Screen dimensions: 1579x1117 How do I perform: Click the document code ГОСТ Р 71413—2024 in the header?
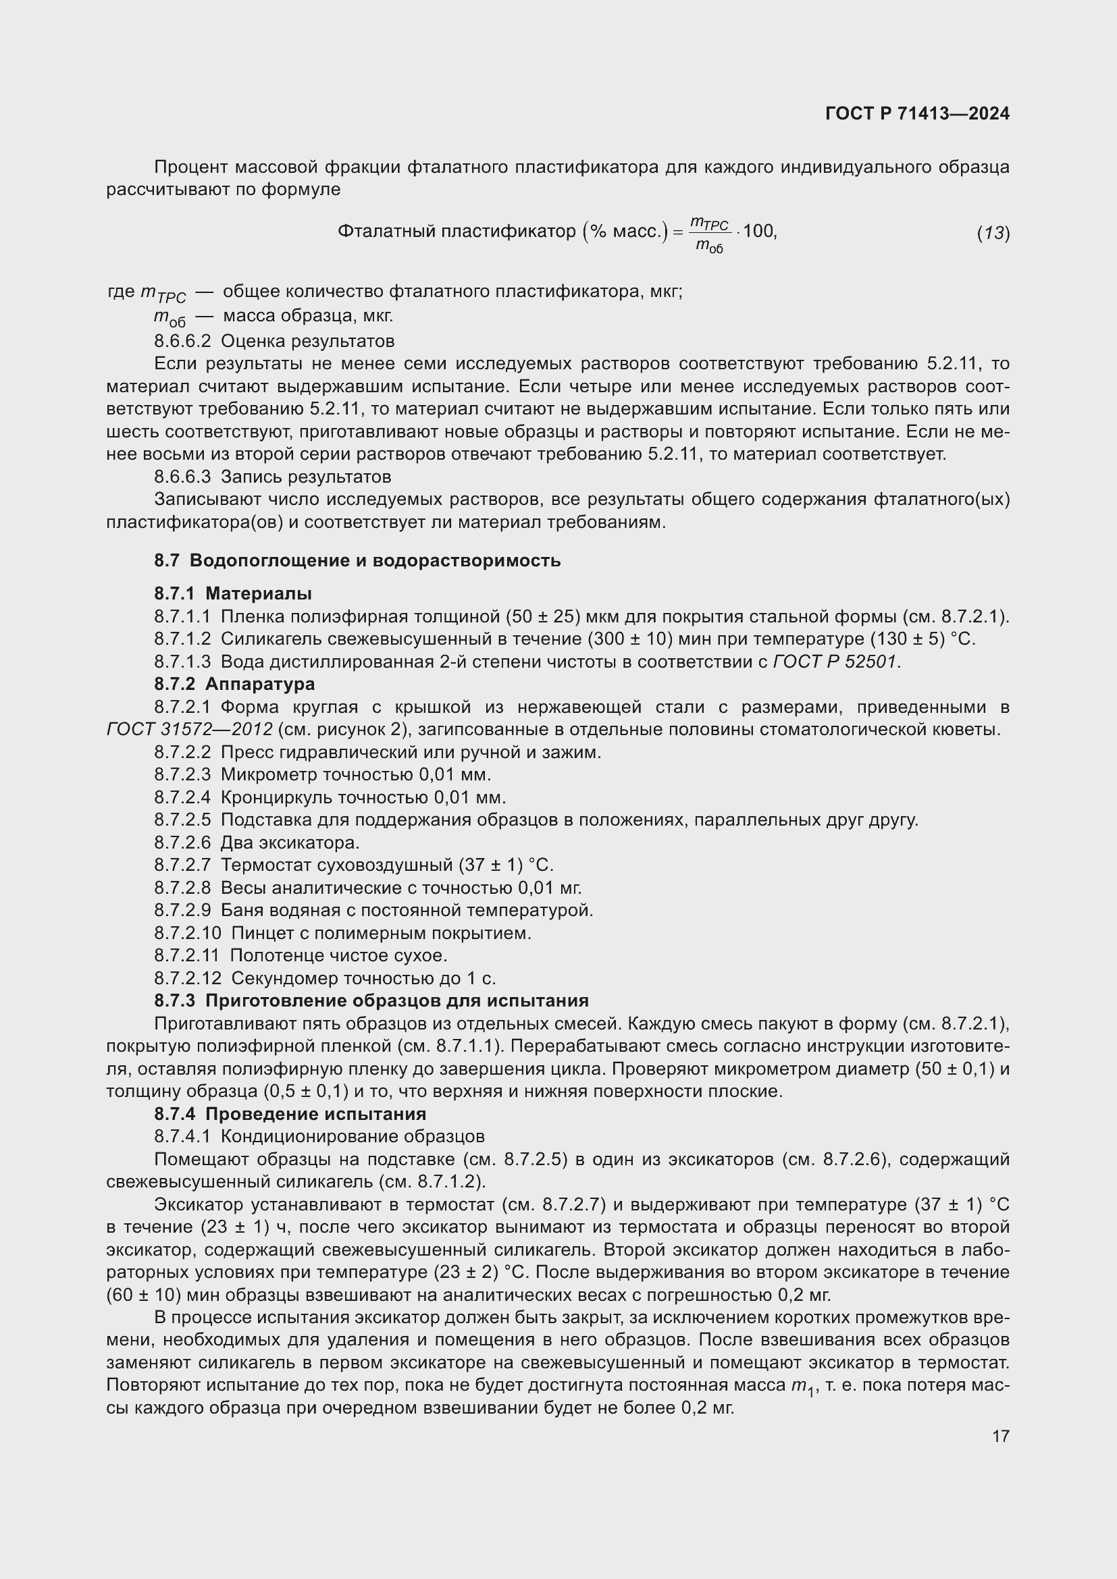pyautogui.click(x=917, y=114)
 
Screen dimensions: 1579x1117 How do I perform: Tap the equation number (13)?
pyautogui.click(x=993, y=233)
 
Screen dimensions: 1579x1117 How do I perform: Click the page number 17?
pyautogui.click(x=1001, y=1436)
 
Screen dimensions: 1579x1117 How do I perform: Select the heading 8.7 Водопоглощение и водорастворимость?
pyautogui.click(x=357, y=560)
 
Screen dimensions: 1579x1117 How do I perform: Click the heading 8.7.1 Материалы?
pyautogui.click(x=232, y=593)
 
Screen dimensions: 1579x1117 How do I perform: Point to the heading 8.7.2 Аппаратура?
pyautogui.click(x=234, y=685)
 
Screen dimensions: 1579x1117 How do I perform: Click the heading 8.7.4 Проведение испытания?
pyautogui.click(x=290, y=1114)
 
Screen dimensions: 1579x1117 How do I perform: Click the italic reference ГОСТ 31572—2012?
pyautogui.click(x=189, y=730)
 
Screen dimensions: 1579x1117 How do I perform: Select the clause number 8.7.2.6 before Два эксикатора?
pyautogui.click(x=182, y=842)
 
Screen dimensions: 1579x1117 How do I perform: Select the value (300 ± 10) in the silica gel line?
pyautogui.click(x=629, y=639)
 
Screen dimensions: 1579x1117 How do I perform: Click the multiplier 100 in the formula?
pyautogui.click(x=758, y=231)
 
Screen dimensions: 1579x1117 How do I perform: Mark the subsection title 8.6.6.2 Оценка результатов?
pyautogui.click(x=274, y=341)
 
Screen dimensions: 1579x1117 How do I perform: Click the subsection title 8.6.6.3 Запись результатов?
pyautogui.click(x=272, y=477)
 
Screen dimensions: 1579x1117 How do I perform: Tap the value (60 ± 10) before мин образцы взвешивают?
pyautogui.click(x=140, y=1295)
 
